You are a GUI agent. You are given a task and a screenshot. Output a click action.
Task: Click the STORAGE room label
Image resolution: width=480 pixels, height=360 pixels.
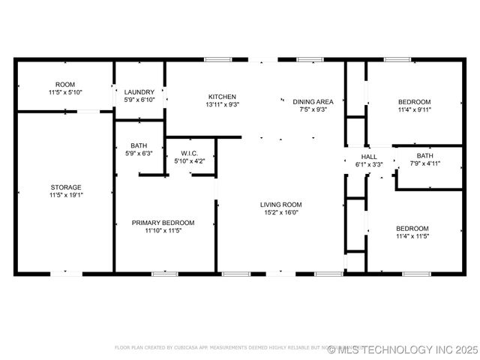(x=66, y=187)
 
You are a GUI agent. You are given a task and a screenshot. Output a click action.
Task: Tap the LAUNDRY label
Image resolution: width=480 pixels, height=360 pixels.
(x=139, y=92)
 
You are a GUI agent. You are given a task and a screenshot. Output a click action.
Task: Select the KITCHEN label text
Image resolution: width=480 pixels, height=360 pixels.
(x=223, y=97)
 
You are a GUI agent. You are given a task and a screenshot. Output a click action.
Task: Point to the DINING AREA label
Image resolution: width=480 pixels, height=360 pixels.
(x=313, y=101)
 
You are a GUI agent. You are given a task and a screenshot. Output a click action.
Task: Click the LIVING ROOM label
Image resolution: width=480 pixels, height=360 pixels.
(x=280, y=205)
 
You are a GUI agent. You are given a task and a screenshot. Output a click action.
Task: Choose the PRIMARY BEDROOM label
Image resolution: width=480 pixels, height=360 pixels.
(x=163, y=223)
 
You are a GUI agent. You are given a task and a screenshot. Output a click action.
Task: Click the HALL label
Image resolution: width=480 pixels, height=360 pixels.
(x=368, y=157)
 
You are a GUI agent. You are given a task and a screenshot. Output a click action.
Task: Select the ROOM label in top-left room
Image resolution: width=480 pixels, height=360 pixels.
(x=65, y=84)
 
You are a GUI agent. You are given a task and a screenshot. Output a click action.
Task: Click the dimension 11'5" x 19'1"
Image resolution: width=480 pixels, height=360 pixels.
(x=66, y=195)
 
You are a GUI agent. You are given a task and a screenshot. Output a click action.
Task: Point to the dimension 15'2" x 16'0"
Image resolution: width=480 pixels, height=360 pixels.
(x=280, y=212)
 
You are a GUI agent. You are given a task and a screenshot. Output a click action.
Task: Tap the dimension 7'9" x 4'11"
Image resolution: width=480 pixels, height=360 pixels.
(x=425, y=163)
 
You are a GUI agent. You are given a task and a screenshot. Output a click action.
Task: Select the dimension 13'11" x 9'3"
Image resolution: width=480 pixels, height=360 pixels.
(x=223, y=105)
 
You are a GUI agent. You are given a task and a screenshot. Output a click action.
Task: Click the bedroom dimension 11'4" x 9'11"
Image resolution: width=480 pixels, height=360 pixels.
(x=414, y=109)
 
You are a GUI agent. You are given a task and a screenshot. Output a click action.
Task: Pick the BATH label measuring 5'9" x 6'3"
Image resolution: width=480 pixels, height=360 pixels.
(x=139, y=145)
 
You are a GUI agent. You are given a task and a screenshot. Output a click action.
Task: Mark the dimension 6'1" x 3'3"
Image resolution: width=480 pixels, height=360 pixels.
(x=368, y=164)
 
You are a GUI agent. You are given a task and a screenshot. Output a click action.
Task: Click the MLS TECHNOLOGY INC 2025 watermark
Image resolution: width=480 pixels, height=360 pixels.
(x=408, y=349)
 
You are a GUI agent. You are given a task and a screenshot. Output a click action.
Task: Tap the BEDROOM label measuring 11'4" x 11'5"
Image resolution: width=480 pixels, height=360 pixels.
(x=412, y=229)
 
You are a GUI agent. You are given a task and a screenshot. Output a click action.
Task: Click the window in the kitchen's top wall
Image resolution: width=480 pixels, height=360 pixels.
(x=217, y=59)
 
